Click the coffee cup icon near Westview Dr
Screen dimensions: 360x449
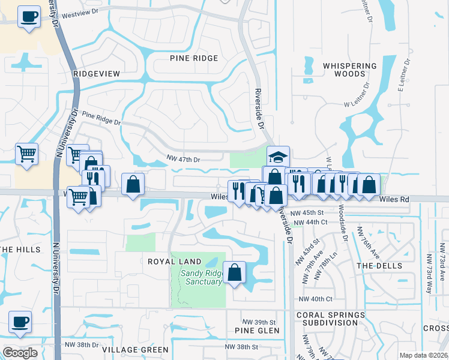(28, 17)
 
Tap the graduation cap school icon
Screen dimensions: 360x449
(278, 157)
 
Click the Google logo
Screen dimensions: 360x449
(20, 353)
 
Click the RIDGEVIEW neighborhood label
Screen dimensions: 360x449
(97, 73)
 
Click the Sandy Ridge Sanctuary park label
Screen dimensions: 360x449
(202, 278)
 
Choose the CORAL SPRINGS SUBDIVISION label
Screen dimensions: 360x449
(330, 319)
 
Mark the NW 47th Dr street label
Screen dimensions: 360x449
(183, 160)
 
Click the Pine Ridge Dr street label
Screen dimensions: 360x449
(101, 118)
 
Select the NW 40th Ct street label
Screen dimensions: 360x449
(315, 299)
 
